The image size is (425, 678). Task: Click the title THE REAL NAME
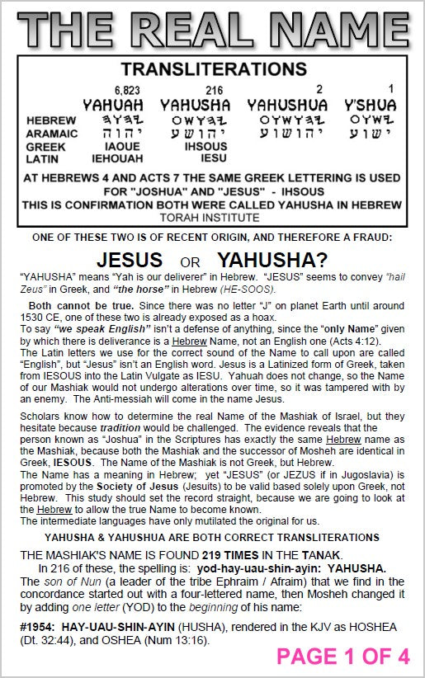[x=212, y=26]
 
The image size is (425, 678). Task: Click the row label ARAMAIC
[x=52, y=133]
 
